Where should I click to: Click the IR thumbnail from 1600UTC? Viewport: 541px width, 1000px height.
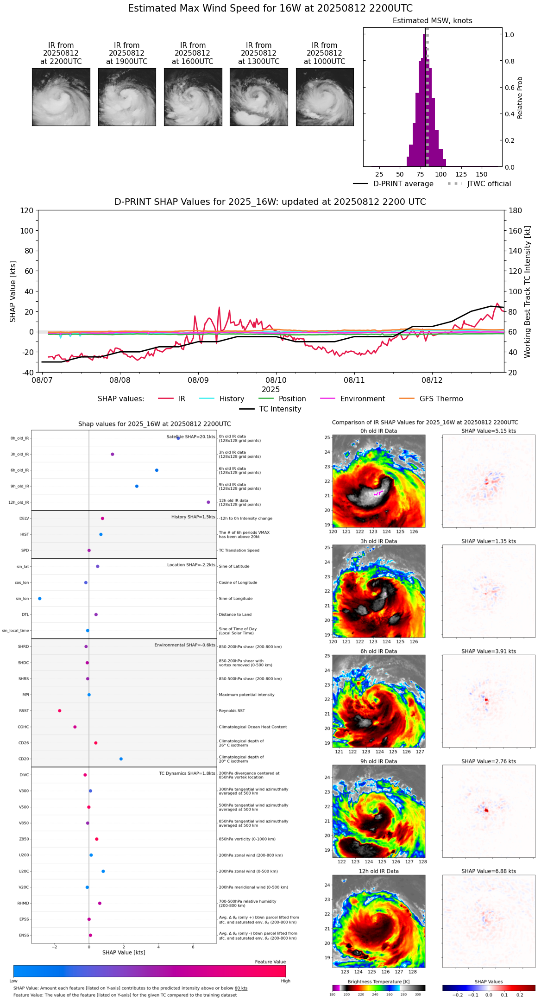[x=193, y=97]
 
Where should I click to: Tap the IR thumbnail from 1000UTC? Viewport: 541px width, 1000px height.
[x=325, y=97]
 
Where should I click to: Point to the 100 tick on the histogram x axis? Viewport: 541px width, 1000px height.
[x=441, y=174]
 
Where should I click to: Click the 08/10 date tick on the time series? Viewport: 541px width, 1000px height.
[x=276, y=380]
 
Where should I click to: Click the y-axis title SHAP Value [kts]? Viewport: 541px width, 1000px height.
[x=13, y=291]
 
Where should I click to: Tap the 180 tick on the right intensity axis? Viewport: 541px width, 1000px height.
[x=516, y=210]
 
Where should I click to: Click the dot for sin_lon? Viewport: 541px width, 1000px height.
[x=40, y=599]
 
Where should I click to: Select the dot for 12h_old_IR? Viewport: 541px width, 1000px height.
[x=208, y=502]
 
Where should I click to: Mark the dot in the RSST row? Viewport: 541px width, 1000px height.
[x=60, y=711]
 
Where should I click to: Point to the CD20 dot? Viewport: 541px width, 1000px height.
[x=121, y=759]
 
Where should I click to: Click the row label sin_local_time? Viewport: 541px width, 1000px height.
[x=16, y=631]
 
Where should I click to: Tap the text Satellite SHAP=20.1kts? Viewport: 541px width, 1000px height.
[x=191, y=437]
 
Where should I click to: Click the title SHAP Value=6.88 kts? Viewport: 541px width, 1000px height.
[x=489, y=871]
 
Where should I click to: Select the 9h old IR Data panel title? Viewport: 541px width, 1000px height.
[x=378, y=761]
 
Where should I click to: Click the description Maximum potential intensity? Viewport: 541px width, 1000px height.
[x=246, y=695]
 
